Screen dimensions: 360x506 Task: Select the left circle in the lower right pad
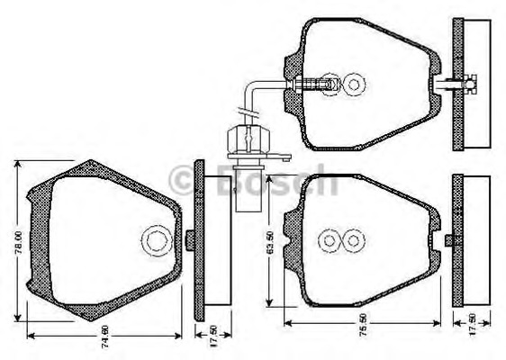[x=330, y=241]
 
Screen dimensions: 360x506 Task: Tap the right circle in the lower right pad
[x=355, y=241]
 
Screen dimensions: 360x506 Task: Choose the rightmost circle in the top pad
[x=357, y=85]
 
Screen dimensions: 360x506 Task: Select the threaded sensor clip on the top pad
[x=315, y=85]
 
